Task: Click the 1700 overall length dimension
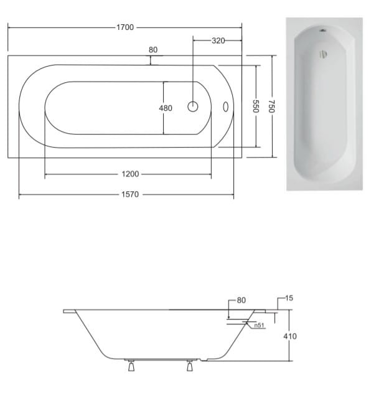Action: [125, 27]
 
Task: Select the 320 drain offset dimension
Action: [218, 40]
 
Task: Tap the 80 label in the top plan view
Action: [153, 50]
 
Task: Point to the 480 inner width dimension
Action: [166, 108]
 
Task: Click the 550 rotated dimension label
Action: [256, 106]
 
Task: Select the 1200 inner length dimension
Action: [130, 174]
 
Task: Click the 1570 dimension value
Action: [130, 194]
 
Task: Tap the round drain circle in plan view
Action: [193, 106]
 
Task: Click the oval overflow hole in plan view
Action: [226, 106]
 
